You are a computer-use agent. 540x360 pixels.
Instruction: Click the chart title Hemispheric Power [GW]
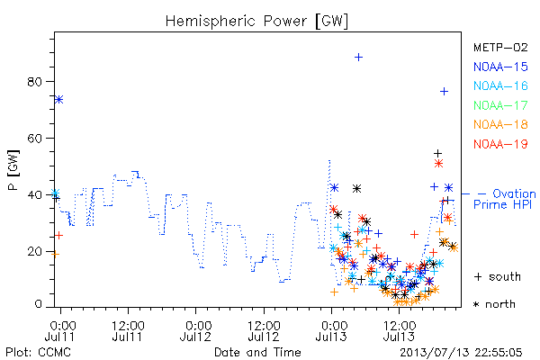click(x=256, y=22)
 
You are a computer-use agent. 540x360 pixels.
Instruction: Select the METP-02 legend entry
click(x=500, y=48)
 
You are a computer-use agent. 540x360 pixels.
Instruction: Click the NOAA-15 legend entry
click(x=500, y=67)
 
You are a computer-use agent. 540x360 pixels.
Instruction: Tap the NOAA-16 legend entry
click(x=500, y=85)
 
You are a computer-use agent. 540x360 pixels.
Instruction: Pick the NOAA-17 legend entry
click(x=500, y=105)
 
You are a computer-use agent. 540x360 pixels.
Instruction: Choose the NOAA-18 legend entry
click(x=500, y=124)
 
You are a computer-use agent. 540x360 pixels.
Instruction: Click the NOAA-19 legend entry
click(x=500, y=144)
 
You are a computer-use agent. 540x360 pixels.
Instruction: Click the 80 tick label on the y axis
click(x=34, y=82)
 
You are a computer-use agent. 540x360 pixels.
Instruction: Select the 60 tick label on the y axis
click(x=34, y=138)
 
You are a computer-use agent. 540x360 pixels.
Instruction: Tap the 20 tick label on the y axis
click(x=34, y=251)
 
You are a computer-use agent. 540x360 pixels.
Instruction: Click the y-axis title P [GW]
click(x=13, y=170)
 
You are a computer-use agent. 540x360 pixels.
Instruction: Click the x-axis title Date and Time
click(x=257, y=352)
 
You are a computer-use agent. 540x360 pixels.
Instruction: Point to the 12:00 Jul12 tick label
click(x=264, y=330)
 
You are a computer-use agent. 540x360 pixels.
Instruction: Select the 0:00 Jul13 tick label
click(x=331, y=330)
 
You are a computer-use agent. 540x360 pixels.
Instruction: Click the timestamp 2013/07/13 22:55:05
click(x=461, y=353)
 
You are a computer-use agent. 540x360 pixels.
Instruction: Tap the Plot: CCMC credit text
click(x=38, y=353)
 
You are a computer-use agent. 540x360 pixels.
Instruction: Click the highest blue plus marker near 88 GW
click(x=358, y=58)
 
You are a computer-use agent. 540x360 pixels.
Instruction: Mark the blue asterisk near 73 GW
click(x=58, y=100)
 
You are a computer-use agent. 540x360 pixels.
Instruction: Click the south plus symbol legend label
click(x=498, y=276)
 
